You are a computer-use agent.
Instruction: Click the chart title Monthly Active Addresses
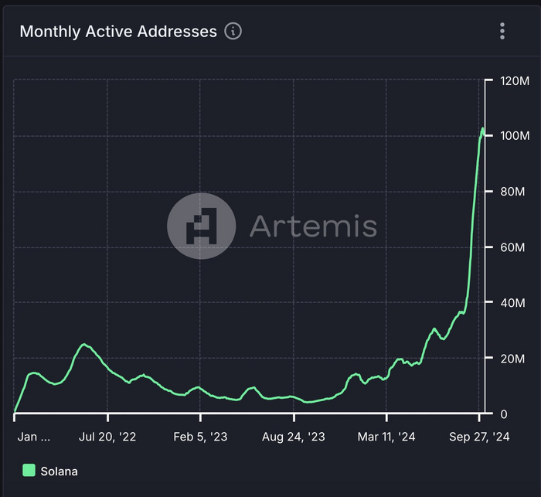pyautogui.click(x=118, y=32)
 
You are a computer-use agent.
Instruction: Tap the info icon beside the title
pyautogui.click(x=233, y=31)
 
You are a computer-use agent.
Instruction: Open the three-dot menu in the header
pyautogui.click(x=502, y=31)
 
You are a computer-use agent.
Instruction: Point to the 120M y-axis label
pyautogui.click(x=514, y=80)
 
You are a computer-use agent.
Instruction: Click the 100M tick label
pyautogui.click(x=514, y=136)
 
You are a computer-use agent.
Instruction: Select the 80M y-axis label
pyautogui.click(x=512, y=192)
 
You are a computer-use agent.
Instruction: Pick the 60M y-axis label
pyautogui.click(x=512, y=247)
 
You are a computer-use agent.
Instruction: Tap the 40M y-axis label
pyautogui.click(x=512, y=303)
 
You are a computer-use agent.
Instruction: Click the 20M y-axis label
pyautogui.click(x=512, y=359)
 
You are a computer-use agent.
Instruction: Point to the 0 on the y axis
pyautogui.click(x=504, y=414)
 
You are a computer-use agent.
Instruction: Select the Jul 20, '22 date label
pyautogui.click(x=108, y=437)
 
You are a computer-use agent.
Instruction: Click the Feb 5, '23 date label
pyautogui.click(x=199, y=437)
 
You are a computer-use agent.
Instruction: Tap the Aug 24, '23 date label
pyautogui.click(x=294, y=437)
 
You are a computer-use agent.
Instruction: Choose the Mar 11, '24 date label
pyautogui.click(x=386, y=437)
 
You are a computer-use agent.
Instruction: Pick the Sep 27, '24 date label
pyautogui.click(x=480, y=437)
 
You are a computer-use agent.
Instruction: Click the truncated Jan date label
pyautogui.click(x=34, y=437)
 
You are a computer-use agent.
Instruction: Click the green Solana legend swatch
pyautogui.click(x=29, y=470)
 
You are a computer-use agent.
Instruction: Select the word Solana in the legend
pyautogui.click(x=60, y=471)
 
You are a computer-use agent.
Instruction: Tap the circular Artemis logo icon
pyautogui.click(x=202, y=226)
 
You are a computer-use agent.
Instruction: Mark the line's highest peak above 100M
pyautogui.click(x=482, y=128)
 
